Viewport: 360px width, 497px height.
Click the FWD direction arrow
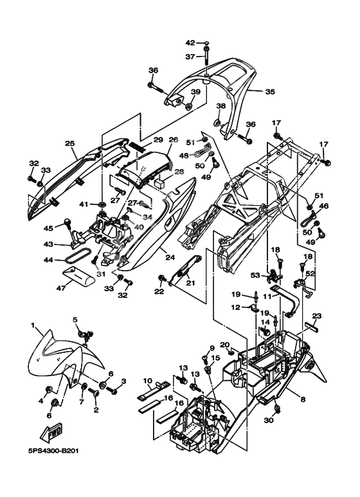point(51,433)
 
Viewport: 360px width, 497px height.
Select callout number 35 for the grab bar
point(270,92)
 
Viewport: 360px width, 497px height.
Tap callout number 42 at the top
point(190,43)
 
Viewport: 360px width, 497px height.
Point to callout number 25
point(70,143)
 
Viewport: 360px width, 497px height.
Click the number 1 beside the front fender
point(32,325)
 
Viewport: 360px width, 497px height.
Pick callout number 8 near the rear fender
point(303,400)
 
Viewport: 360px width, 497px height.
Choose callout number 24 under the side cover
point(170,257)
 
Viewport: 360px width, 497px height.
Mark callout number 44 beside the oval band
point(48,260)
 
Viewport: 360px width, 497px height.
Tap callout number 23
point(317,316)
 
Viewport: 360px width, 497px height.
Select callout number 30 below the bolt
point(269,420)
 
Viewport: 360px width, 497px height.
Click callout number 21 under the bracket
point(191,283)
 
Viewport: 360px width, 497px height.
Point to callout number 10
point(148,381)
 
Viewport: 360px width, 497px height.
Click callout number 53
point(255,275)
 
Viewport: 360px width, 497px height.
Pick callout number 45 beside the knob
point(48,228)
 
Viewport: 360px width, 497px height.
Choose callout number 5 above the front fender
point(75,319)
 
